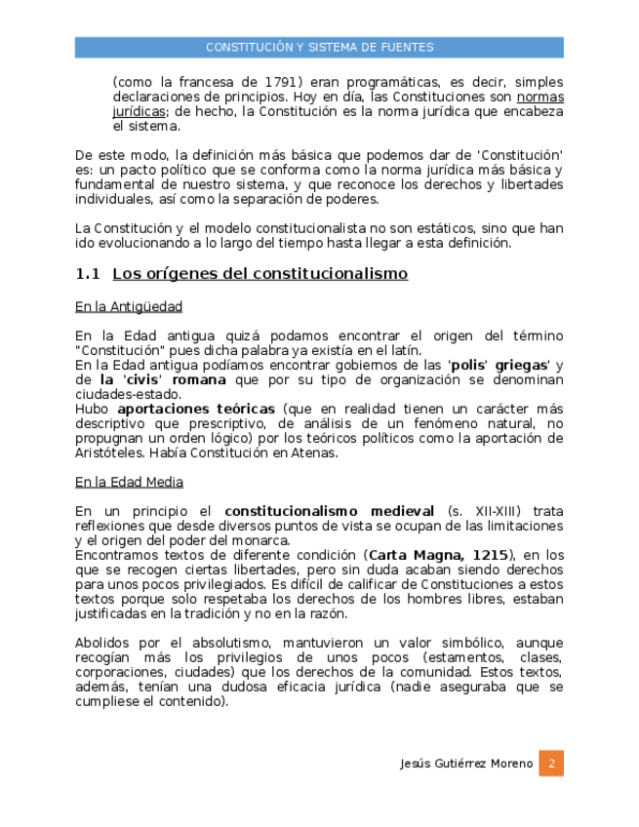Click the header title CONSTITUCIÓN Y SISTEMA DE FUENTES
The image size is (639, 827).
tap(319, 47)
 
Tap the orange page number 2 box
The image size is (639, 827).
tap(551, 763)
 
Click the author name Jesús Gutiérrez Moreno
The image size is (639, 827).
tap(467, 764)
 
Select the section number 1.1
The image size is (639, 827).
tap(88, 274)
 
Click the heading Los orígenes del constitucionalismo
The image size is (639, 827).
tap(260, 274)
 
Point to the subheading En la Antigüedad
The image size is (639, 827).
tap(129, 307)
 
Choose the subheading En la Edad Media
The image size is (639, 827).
tap(129, 482)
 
